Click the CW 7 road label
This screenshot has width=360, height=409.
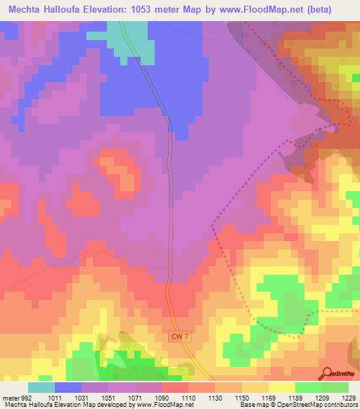pyautogui.click(x=181, y=337)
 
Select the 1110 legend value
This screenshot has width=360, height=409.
pyautogui.click(x=187, y=397)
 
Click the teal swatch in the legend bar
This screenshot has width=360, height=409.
pyautogui.click(x=41, y=387)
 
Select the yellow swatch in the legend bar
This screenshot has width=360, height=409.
pyautogui.click(x=281, y=387)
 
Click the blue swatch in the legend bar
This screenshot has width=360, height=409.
pyautogui.click(x=68, y=387)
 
